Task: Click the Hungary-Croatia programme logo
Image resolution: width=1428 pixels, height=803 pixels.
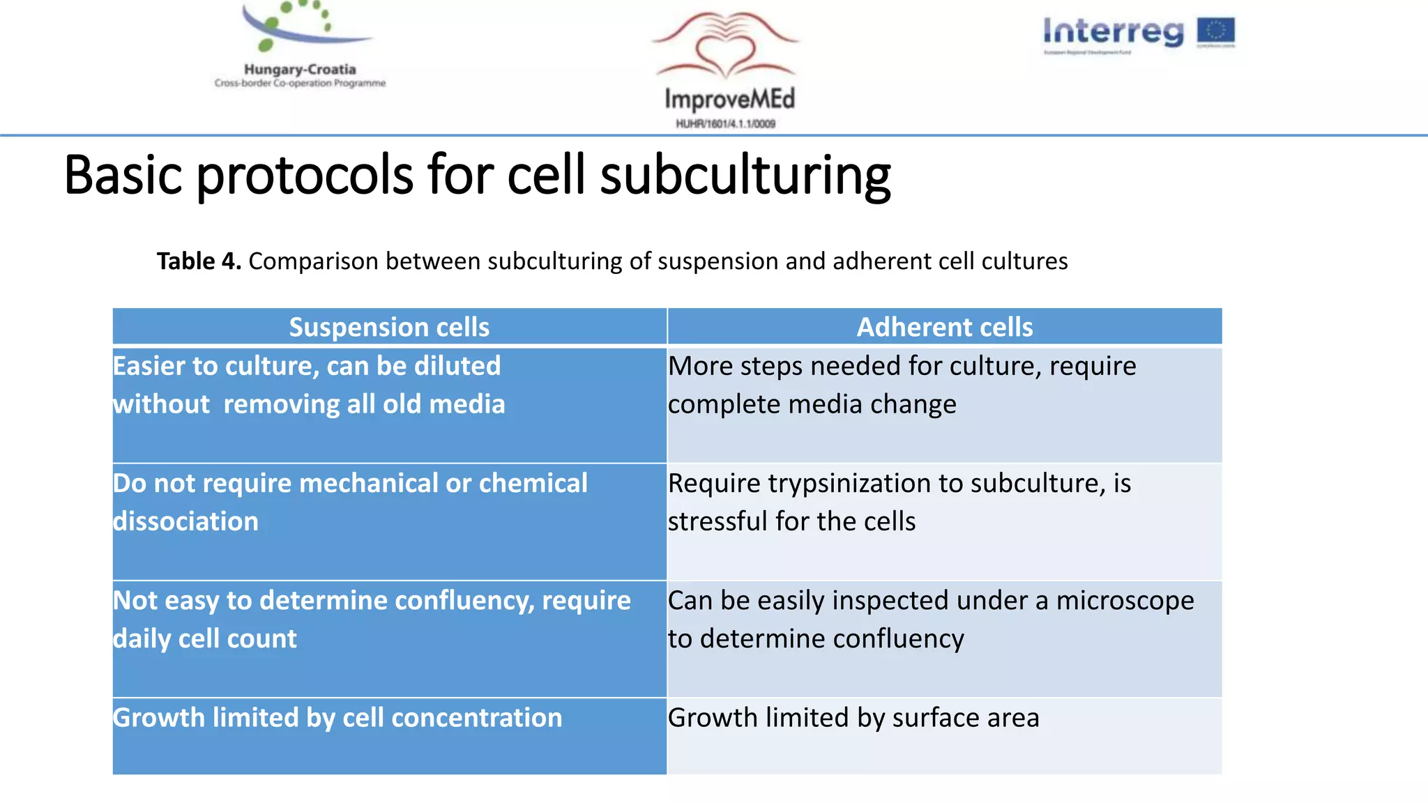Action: coord(300,43)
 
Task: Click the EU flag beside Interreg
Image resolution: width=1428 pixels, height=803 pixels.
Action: coord(1215,31)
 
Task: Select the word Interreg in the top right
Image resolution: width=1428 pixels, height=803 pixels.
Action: coord(1113,32)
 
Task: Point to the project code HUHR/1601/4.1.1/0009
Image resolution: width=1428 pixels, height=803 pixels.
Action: coord(725,124)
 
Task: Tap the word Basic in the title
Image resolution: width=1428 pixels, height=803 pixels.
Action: coord(123,175)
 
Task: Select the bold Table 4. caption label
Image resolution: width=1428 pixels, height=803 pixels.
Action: coord(199,261)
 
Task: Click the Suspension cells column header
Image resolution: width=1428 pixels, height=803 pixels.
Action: coord(389,327)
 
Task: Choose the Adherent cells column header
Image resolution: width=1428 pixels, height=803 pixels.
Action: coord(944,327)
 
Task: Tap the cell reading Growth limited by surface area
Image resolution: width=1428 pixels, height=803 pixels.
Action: coord(853,718)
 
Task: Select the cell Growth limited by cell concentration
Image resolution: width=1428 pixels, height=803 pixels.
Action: coord(337,718)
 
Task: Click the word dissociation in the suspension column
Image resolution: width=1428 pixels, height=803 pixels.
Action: coord(185,521)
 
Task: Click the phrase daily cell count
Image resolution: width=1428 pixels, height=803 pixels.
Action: coord(205,638)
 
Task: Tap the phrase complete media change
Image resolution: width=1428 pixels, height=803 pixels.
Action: coord(812,404)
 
